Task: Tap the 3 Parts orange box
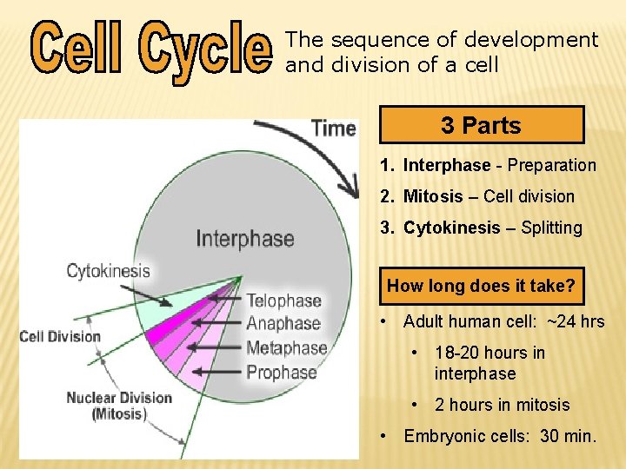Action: tap(482, 125)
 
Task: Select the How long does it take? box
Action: tap(481, 286)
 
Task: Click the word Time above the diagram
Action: tap(333, 129)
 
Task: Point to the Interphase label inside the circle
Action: tap(244, 238)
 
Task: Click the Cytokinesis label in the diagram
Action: tap(108, 271)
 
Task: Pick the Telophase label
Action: tap(283, 301)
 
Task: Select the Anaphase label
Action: tap(283, 324)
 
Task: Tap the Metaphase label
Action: tap(286, 348)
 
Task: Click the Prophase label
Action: tap(282, 373)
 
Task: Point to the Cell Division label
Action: tap(60, 336)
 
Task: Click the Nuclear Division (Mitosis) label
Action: tap(119, 406)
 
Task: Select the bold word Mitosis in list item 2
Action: tap(433, 196)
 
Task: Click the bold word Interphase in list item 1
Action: tap(446, 165)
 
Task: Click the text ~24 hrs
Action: tap(576, 321)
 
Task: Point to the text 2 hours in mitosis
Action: tap(502, 405)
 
